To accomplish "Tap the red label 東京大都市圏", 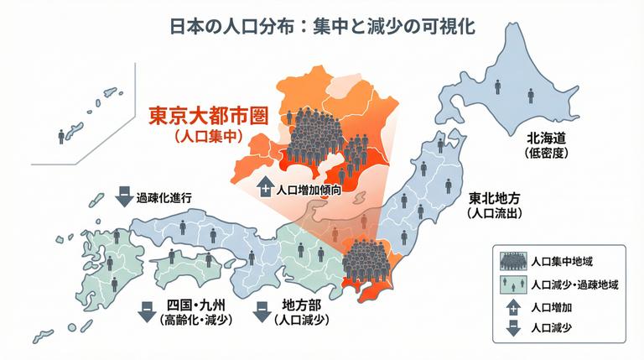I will tap(208, 114).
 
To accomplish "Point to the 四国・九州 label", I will tap(195, 304).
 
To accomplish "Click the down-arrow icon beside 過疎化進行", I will tap(122, 198).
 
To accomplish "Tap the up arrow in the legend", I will tap(512, 306).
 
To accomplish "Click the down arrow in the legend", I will tap(512, 327).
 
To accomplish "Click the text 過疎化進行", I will tap(164, 198).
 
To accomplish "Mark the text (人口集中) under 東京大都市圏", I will tap(207, 133).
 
